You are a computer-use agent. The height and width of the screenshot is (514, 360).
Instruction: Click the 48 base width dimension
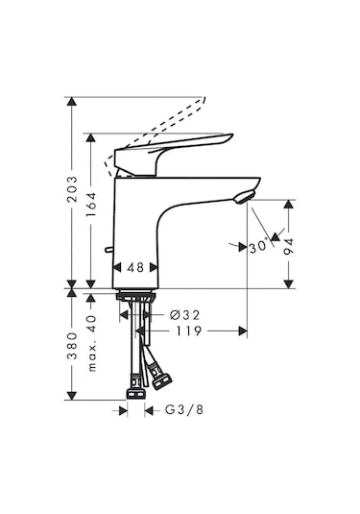[134, 269]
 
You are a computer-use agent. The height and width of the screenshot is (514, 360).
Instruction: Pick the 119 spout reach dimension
[188, 331]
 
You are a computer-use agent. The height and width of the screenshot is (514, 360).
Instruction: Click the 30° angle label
[256, 247]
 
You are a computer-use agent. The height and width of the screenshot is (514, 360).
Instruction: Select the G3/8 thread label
[182, 410]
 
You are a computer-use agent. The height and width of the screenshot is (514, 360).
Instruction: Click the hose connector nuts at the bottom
[137, 385]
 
